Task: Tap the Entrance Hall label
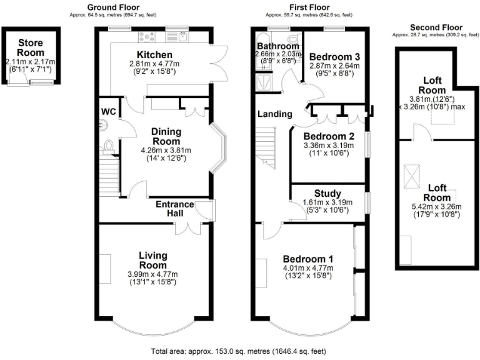click(174, 209)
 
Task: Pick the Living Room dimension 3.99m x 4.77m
click(153, 274)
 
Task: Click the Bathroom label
click(277, 46)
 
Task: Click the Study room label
click(328, 193)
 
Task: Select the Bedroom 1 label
click(307, 259)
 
